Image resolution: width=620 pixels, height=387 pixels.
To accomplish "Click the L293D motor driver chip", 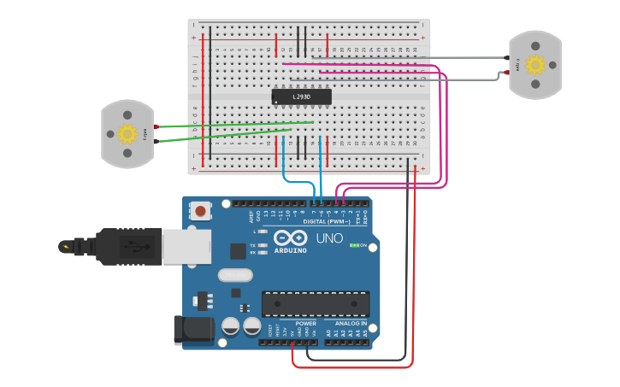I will pos(301,97).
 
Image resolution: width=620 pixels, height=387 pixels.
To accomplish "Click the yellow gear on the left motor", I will pos(127,133).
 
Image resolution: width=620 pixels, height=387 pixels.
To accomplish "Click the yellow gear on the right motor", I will pos(534,65).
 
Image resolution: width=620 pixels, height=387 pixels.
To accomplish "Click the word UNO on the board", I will pos(329,238).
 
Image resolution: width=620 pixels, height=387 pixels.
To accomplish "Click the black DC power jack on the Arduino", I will pos(192,331).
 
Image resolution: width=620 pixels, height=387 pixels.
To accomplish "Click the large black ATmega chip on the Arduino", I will pos(316,304).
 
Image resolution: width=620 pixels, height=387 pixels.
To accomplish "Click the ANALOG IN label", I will pos(351,324).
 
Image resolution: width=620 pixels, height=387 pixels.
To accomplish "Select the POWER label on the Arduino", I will pos(305,324).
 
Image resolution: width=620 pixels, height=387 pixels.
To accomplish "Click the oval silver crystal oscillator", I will pos(235,275).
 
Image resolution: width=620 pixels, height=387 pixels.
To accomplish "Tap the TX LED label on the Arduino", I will pos(254,244).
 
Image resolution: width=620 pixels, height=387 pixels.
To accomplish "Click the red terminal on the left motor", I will pos(156,126).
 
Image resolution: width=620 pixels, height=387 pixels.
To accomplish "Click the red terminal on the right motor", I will pos(507,73).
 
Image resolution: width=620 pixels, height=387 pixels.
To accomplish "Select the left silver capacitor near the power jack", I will pos(231,325).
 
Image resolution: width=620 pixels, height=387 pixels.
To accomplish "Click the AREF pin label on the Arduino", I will pos(251,216).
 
